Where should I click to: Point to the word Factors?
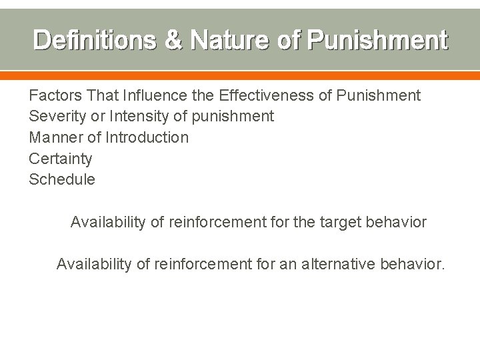pyautogui.click(x=56, y=95)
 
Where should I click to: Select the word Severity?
pyautogui.click(x=59, y=117)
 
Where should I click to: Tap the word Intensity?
pyautogui.click(x=134, y=117)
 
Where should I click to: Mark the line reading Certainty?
pyautogui.click(x=61, y=159)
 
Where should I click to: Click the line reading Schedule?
pyautogui.click(x=62, y=179)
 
